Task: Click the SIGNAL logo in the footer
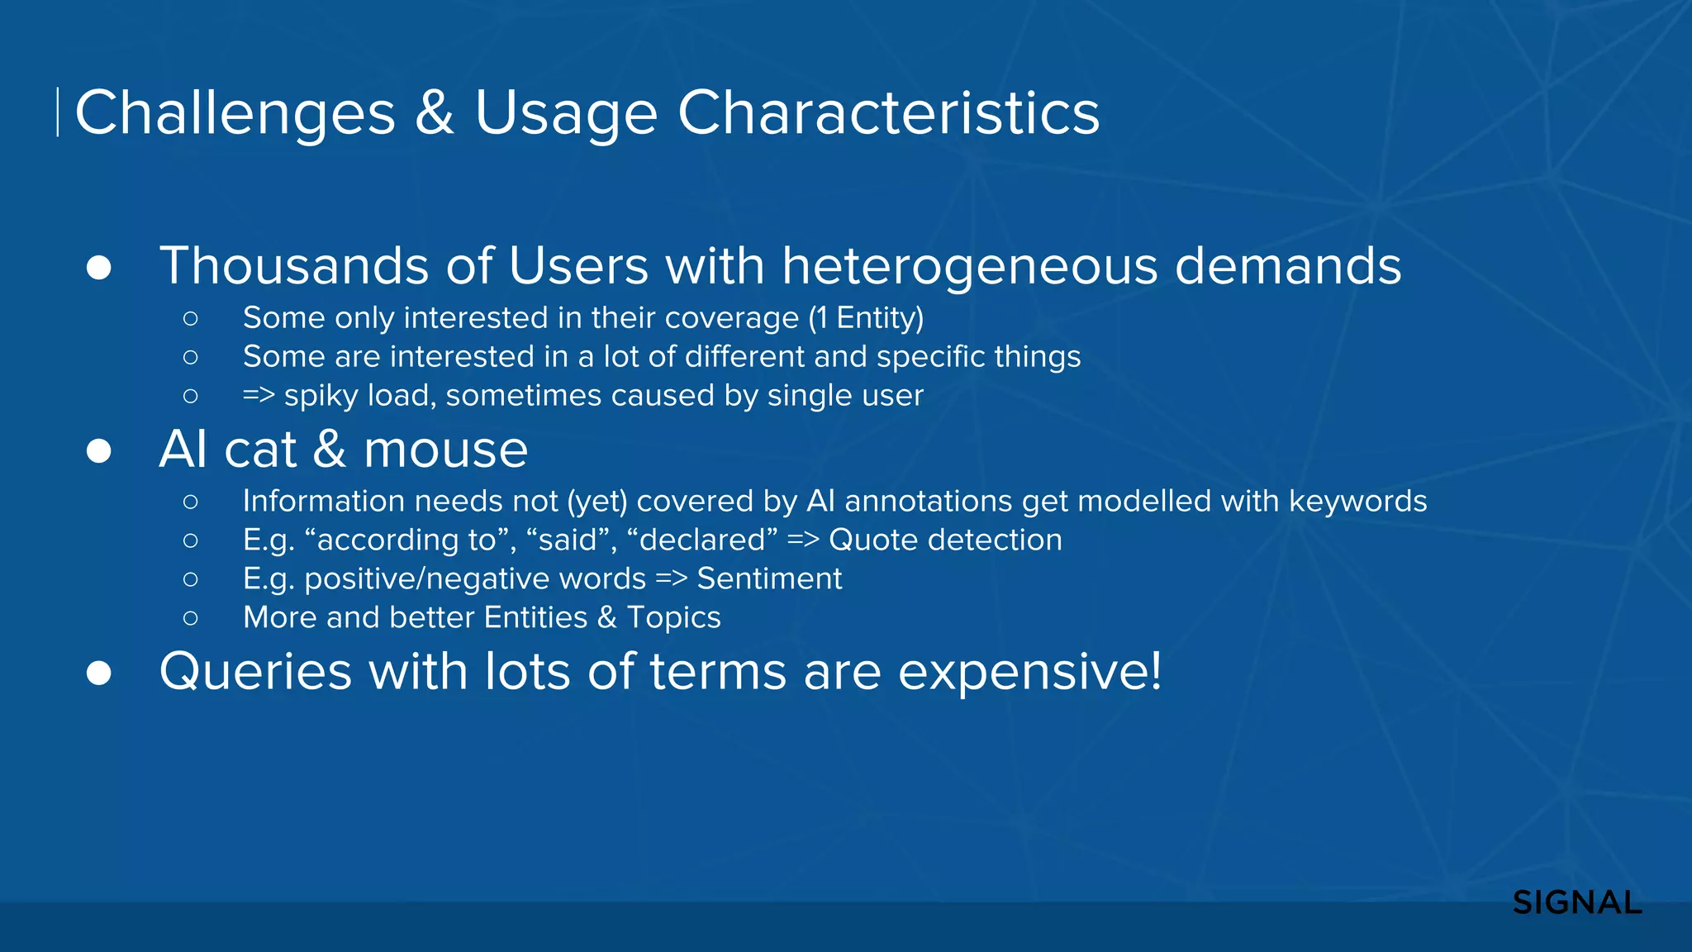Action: pos(1576,902)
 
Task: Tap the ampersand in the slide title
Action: pos(435,112)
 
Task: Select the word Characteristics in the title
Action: pos(888,112)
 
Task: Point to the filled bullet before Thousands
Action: pos(99,268)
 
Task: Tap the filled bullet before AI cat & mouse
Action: pos(99,451)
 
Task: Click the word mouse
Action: pos(445,450)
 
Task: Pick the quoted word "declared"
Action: pos(701,540)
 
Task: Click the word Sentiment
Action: pos(769,578)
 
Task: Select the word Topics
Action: pos(673,617)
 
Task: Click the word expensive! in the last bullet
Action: pos(1029,671)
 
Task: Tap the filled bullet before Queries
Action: pos(99,673)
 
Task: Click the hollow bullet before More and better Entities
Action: pos(191,617)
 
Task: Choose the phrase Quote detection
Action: pos(945,540)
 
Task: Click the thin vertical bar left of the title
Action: pos(57,112)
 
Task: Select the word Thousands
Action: pos(294,266)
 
